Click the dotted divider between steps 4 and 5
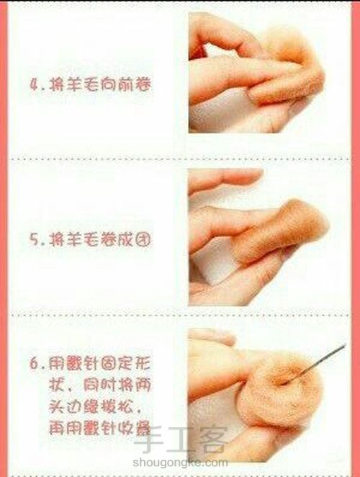pyautogui.click(x=180, y=158)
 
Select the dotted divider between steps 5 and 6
pyautogui.click(x=180, y=316)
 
